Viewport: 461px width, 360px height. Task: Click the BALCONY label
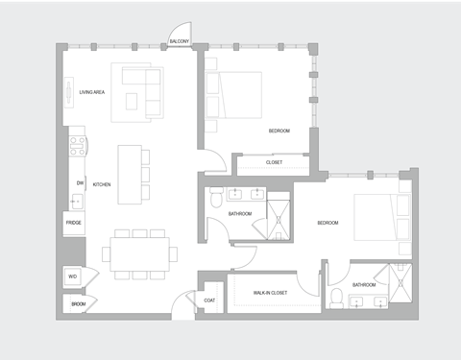click(x=180, y=42)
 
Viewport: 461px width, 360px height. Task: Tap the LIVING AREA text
click(x=92, y=92)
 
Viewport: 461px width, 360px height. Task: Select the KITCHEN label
click(x=102, y=183)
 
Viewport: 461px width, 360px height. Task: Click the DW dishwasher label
click(x=79, y=182)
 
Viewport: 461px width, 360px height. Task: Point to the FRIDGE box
click(x=74, y=225)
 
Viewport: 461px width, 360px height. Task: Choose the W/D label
click(x=72, y=276)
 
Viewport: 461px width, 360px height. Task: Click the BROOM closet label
click(x=78, y=305)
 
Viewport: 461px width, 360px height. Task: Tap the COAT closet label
click(x=209, y=301)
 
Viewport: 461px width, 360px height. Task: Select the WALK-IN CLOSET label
click(x=271, y=292)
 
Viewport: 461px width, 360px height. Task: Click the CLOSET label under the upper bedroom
click(x=274, y=163)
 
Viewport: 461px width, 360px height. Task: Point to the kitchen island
click(x=130, y=174)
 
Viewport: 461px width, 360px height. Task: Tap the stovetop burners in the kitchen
click(x=78, y=147)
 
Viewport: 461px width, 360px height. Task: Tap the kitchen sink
click(x=77, y=202)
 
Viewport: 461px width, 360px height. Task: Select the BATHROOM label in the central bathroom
click(x=240, y=213)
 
